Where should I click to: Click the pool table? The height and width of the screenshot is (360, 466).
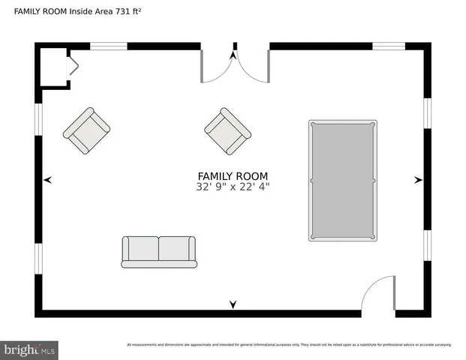[342, 180]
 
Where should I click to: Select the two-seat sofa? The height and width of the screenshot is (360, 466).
[159, 252]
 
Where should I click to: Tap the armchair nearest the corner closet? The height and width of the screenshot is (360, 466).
[86, 130]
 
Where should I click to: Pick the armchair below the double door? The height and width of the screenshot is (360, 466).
[227, 130]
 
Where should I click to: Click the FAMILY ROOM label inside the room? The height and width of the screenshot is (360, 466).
[233, 176]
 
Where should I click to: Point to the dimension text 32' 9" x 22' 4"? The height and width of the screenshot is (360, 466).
[233, 187]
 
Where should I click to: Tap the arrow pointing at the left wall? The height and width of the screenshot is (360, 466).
[48, 180]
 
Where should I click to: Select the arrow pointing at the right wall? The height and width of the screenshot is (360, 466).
[418, 180]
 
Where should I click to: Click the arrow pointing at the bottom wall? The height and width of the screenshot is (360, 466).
[233, 304]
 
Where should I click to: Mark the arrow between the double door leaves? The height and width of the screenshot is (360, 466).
[233, 55]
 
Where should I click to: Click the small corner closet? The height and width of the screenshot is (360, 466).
[54, 67]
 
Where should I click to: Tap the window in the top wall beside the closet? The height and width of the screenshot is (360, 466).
[109, 46]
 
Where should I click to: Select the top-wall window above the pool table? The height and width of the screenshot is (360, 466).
[389, 46]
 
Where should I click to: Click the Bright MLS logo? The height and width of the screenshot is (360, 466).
[29, 349]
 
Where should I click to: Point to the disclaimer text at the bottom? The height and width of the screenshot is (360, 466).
[289, 345]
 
